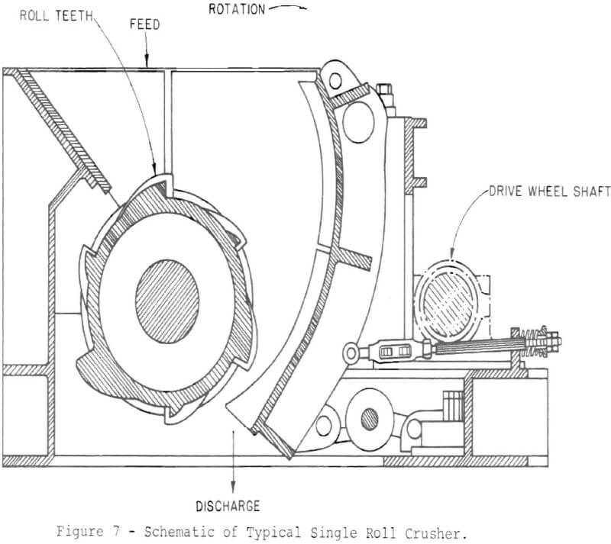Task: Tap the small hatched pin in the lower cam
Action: pos(369,417)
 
